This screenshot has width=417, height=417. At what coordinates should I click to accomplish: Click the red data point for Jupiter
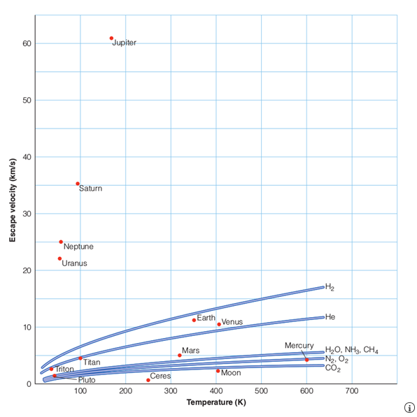111,38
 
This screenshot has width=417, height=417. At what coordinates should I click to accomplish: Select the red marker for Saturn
78,184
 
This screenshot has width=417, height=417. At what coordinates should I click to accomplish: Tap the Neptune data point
61,242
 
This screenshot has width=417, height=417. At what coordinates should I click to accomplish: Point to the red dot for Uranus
59,258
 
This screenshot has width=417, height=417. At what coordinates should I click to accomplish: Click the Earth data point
194,320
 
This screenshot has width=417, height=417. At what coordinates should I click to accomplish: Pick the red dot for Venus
219,324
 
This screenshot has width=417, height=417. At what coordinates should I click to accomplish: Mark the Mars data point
179,356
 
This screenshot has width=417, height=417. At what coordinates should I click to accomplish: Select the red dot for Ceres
148,380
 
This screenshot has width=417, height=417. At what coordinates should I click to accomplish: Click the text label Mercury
299,346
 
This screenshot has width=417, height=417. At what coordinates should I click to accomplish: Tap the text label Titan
92,363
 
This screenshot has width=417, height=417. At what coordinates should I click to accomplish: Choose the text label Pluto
87,380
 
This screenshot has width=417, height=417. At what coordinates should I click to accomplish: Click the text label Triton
64,369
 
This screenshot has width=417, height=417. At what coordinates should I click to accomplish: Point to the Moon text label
231,373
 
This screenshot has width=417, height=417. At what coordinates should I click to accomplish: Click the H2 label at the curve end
330,287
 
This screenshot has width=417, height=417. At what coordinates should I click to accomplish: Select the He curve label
330,316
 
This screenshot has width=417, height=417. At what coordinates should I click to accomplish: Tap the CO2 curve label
332,368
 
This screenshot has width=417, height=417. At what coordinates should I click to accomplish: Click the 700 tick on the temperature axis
352,390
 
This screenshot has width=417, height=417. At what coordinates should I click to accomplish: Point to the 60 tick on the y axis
24,44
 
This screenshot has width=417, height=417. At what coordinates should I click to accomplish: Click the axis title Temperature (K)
216,402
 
